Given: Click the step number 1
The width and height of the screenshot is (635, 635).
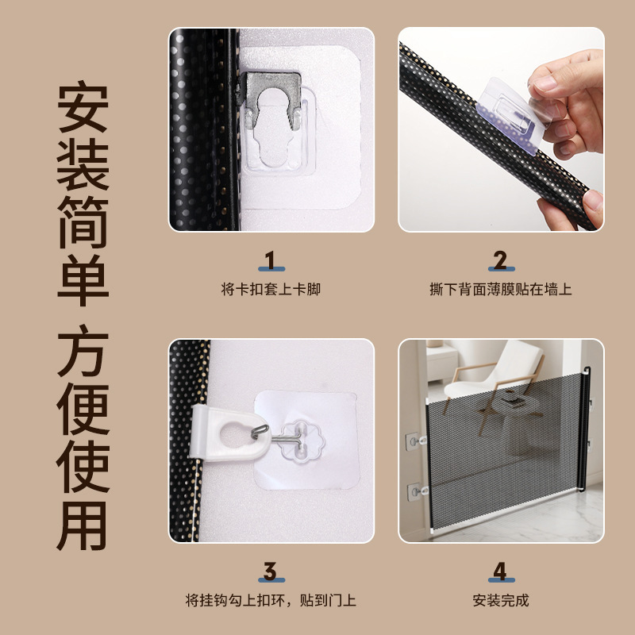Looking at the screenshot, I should (270, 260).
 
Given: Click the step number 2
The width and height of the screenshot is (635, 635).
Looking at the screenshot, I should (500, 260).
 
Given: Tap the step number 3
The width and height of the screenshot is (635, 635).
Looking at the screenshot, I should (270, 571).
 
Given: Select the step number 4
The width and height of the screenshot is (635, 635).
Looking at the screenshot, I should (500, 571).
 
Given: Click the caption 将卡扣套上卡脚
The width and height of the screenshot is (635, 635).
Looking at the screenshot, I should (271, 290).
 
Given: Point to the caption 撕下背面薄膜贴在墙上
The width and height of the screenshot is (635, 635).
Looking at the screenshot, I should (501, 290).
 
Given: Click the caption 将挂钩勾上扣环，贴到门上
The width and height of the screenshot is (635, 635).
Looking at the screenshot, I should (271, 600).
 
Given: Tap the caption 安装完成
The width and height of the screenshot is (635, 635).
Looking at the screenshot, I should (500, 600).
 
